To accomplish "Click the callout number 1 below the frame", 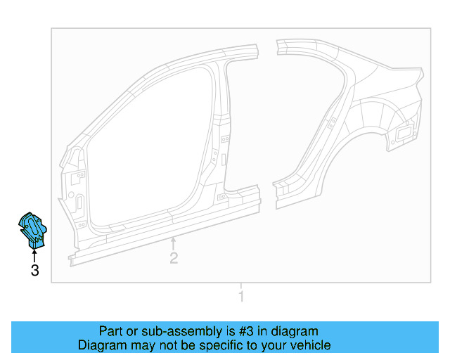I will coord(241,297).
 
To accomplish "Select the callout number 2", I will coord(174,258).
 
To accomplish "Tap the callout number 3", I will coord(34,270).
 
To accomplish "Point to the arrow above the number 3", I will coord(34,252).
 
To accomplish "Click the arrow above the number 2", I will coord(174,244).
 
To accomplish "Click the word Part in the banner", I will coord(112,331).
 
